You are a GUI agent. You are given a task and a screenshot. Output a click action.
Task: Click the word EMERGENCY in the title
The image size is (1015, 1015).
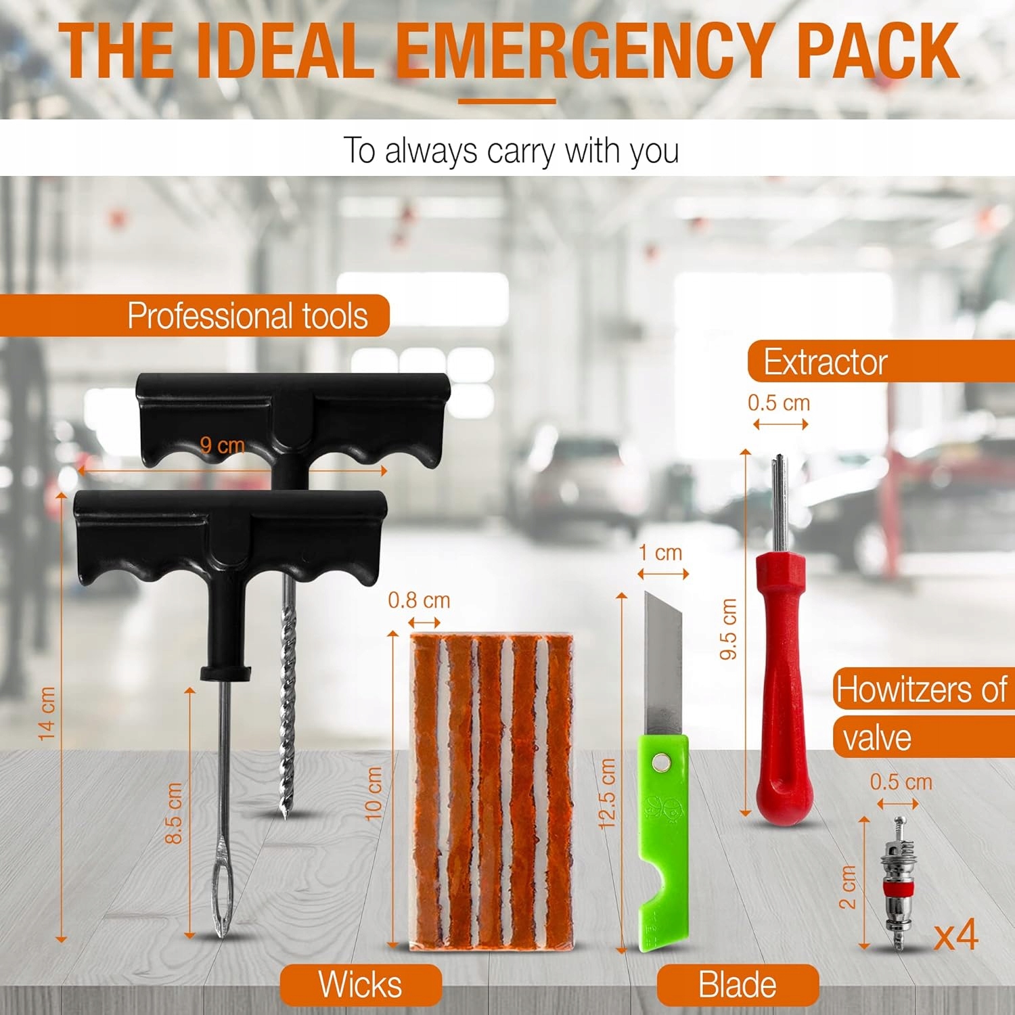tap(582, 51)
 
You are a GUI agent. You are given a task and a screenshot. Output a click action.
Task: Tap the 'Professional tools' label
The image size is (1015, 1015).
tap(248, 316)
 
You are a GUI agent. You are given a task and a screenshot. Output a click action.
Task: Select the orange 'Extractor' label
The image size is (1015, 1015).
tap(825, 362)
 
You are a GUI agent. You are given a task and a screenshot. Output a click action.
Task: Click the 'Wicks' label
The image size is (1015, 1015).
tap(360, 984)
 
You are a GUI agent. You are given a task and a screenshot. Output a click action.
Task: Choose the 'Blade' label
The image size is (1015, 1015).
tap(737, 985)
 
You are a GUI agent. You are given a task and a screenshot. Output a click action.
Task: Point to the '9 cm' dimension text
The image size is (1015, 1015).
tap(222, 445)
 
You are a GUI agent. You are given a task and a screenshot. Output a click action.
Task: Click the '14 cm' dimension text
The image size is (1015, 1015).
tap(46, 713)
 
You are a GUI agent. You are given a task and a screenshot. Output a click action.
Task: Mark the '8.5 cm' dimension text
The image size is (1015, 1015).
tap(174, 813)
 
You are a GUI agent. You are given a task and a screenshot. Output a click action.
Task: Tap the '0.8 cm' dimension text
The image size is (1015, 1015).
tap(419, 600)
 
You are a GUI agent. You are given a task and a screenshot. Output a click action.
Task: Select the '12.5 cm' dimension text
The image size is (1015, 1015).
tap(607, 793)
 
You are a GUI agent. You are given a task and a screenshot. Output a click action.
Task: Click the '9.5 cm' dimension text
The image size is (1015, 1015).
tap(728, 629)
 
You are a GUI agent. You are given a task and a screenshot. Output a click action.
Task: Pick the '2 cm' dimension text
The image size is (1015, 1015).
tap(847, 886)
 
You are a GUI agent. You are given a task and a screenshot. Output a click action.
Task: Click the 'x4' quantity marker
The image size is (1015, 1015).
tap(956, 935)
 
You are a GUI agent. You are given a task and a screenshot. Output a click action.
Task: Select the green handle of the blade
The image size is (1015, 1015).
tap(663, 842)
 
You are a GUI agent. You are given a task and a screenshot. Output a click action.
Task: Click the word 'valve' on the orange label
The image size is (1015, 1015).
tap(877, 738)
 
